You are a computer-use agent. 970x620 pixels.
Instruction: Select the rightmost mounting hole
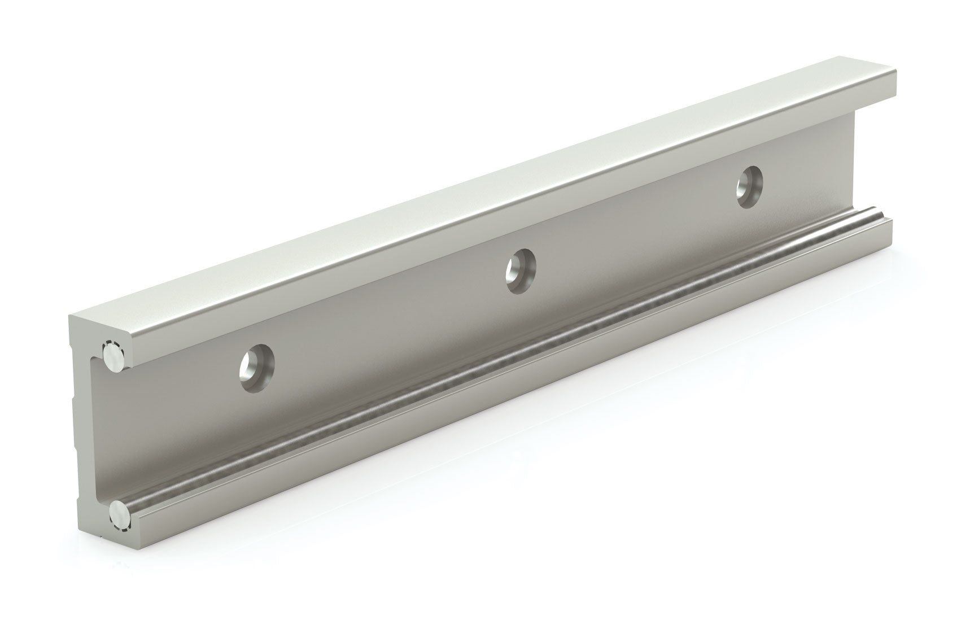pos(749,186)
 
